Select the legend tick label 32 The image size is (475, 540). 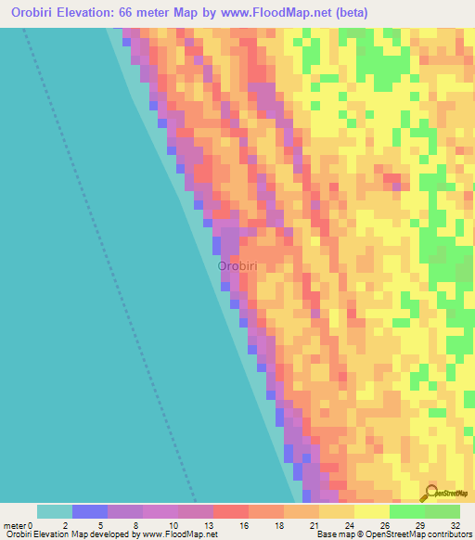[453, 525]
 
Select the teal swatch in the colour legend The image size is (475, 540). [55, 511]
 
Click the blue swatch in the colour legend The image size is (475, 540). [90, 511]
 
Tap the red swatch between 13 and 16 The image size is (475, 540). [231, 511]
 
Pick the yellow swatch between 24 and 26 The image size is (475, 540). [372, 511]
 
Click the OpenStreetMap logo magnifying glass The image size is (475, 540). [432, 493]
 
